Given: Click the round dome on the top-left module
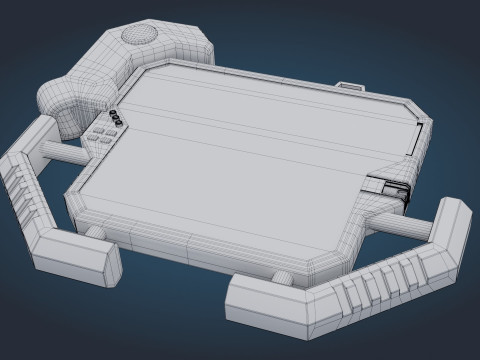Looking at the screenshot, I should pos(139,35).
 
